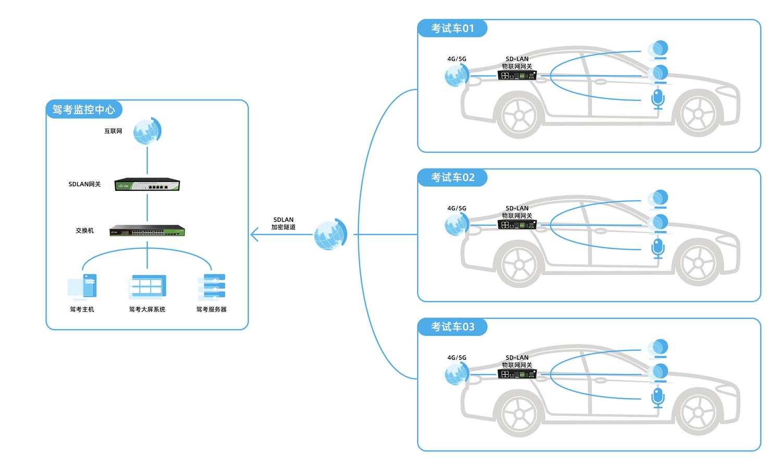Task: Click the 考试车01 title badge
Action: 452,29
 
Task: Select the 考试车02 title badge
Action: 452,178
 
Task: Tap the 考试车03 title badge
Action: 452,327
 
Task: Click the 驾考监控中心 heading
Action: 83,110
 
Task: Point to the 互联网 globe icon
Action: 147,131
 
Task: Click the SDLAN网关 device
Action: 147,185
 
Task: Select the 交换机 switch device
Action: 148,231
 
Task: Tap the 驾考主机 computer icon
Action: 82,287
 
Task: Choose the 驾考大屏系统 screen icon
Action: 147,287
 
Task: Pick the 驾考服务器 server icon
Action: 212,287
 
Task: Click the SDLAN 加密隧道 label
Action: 283,223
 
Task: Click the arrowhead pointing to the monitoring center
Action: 253,234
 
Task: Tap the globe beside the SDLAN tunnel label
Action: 331,234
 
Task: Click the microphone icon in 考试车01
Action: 658,99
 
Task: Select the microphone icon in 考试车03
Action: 658,398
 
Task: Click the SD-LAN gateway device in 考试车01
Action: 517,76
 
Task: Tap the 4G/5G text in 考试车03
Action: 457,358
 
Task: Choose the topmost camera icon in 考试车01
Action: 657,50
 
